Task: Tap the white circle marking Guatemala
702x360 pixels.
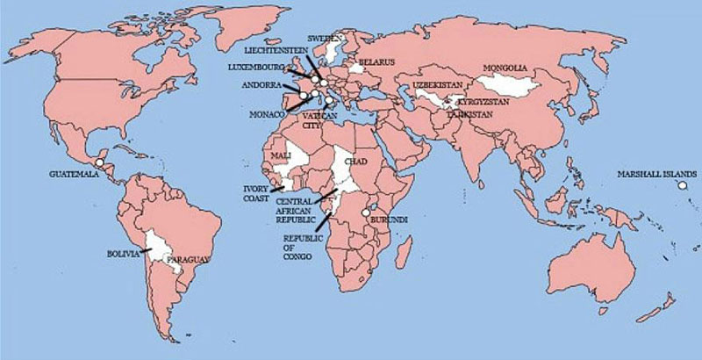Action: pos(100,163)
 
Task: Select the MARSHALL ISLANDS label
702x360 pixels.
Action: pos(656,173)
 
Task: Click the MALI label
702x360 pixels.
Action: pos(281,155)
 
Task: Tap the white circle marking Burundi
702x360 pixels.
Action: pos(365,211)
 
